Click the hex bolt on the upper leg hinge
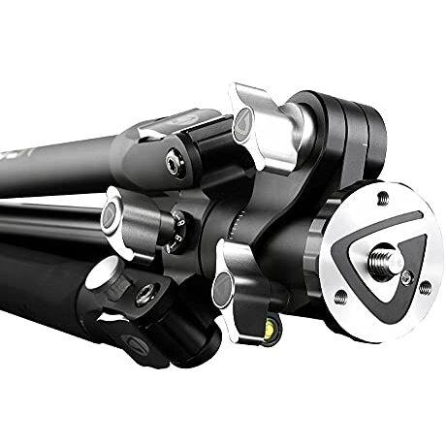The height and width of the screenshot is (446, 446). click(173, 163)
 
